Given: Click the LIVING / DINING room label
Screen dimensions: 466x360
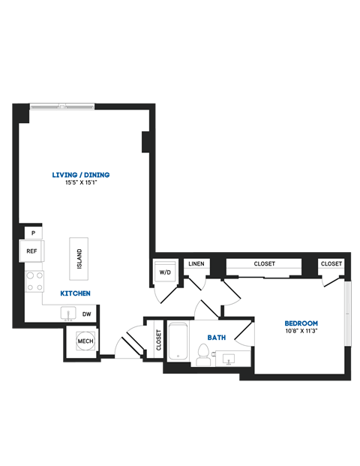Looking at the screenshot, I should coord(81,175).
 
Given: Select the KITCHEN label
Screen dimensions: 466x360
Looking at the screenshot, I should coord(76,293).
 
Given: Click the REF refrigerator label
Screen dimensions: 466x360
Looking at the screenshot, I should coord(31,251).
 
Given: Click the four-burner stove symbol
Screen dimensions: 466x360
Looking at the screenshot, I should coord(34,281).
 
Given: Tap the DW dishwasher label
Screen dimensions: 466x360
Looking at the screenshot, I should coord(87,314).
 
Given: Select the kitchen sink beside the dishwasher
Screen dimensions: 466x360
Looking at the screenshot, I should coord(69,314).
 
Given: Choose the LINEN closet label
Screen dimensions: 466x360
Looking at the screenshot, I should coord(196,264).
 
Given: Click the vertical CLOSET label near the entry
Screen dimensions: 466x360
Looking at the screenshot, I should coord(158,340).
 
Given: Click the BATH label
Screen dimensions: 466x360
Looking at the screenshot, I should coord(217,338).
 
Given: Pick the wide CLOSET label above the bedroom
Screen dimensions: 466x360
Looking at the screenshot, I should coord(264,263).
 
